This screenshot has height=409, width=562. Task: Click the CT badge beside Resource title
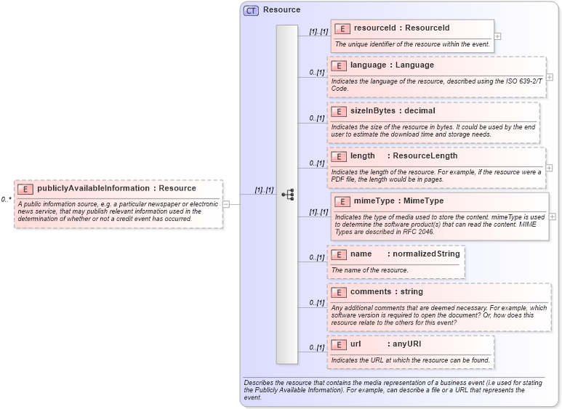click(x=251, y=10)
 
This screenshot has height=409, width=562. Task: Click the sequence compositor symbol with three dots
click(x=287, y=195)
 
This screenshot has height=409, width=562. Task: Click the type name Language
click(x=414, y=65)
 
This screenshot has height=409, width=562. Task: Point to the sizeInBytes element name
click(x=372, y=111)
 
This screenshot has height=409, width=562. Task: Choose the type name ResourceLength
click(x=425, y=156)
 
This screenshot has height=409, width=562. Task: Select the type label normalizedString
click(x=426, y=254)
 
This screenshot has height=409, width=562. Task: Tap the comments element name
click(x=371, y=292)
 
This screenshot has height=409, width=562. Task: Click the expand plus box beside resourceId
click(x=497, y=36)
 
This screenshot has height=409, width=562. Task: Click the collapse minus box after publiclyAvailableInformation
click(x=226, y=204)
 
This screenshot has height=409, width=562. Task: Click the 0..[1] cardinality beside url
click(x=316, y=348)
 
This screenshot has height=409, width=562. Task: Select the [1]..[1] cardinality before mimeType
click(x=318, y=212)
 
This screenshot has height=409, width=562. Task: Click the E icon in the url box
click(x=338, y=344)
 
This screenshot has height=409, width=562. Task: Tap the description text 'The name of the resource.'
click(x=369, y=270)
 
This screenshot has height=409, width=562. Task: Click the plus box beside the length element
click(x=549, y=167)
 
